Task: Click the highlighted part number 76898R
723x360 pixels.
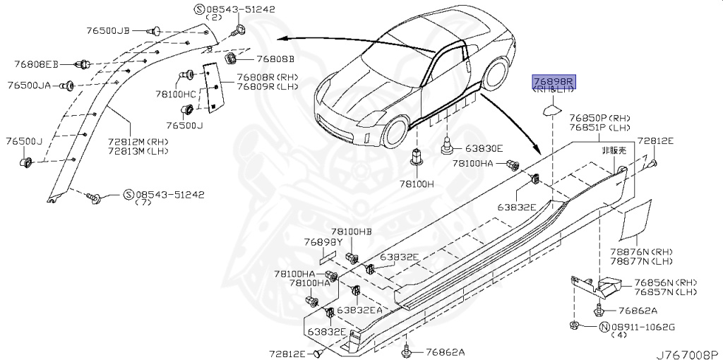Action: tap(554, 82)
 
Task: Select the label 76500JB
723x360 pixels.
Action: tap(109, 30)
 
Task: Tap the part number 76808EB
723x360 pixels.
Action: tap(38, 64)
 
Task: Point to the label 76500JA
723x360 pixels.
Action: tap(30, 85)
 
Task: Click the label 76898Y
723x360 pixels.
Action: tap(323, 242)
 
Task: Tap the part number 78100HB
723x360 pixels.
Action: tap(350, 232)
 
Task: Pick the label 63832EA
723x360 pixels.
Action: tap(359, 310)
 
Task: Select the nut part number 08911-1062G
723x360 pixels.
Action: tap(643, 327)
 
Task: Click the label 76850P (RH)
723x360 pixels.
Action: tap(599, 118)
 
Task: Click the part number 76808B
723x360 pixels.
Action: tap(275, 59)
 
